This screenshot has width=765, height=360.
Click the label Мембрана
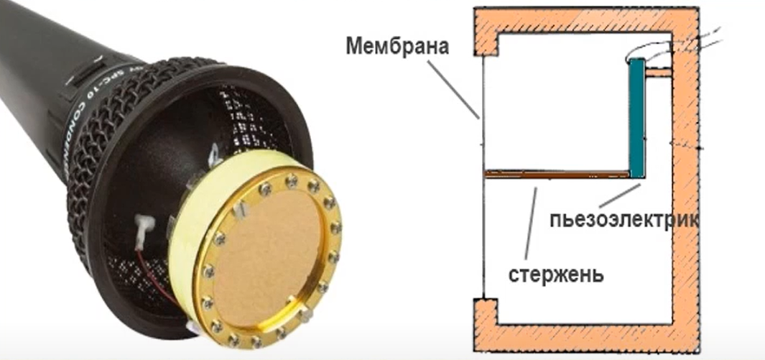tap(397, 48)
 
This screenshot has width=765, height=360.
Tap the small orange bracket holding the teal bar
tap(657, 73)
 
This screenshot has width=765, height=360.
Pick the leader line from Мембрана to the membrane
tap(453, 86)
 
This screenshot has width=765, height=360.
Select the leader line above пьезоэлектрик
tap(619, 196)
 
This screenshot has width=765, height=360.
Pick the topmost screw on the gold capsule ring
tap(290, 179)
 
